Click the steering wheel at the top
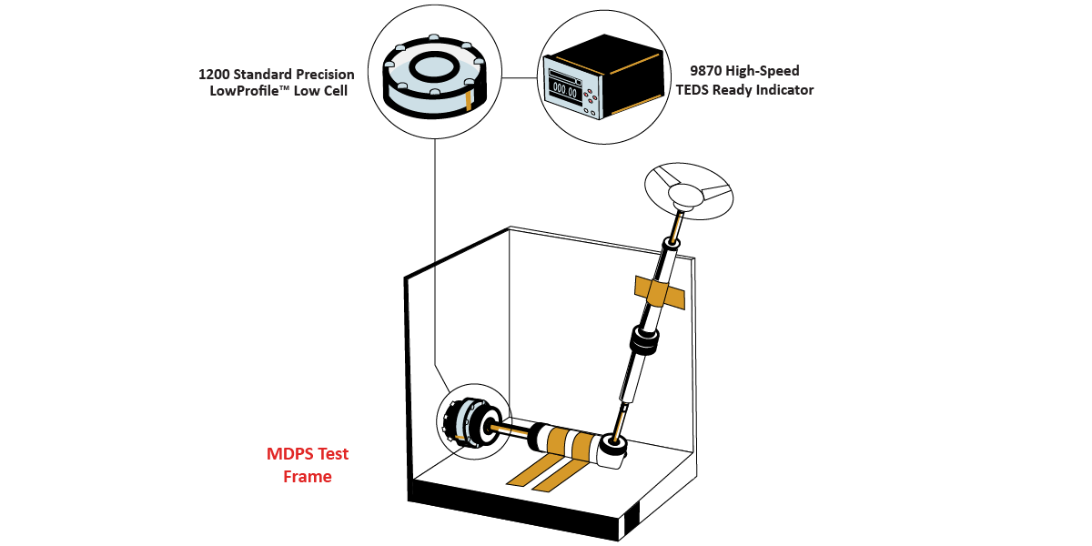[x=690, y=189]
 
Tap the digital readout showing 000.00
[x=565, y=90]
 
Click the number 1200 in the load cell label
[x=216, y=74]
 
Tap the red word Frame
[x=307, y=476]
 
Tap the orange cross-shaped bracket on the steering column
[x=661, y=290]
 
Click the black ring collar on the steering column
[x=643, y=345]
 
